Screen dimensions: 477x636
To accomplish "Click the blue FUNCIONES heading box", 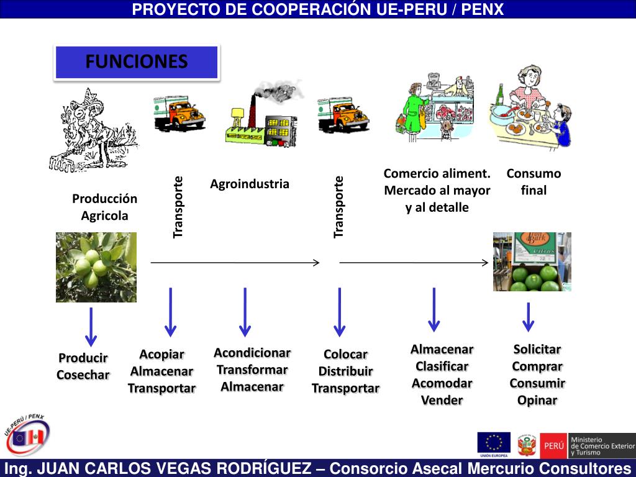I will tap(137, 62).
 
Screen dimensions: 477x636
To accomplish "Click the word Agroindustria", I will tap(250, 184).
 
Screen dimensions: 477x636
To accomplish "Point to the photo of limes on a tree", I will tap(96, 267).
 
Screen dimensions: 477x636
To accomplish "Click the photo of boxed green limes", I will tap(532, 261).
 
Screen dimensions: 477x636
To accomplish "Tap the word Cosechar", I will tap(83, 375).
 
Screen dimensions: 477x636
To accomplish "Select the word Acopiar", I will tap(161, 354).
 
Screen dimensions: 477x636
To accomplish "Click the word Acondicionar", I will tap(252, 353).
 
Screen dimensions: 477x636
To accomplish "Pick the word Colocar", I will tap(345, 354).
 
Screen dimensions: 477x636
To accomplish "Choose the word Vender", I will tap(442, 400).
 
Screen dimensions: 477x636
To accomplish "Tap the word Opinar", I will tap(537, 400).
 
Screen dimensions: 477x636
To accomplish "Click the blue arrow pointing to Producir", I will tap(91, 327).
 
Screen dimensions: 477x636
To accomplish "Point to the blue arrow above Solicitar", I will tap(528, 317).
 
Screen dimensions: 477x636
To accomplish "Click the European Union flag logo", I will tap(494, 443).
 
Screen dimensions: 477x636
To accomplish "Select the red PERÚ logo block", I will tap(553, 445).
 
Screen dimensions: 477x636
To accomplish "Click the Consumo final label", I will tap(534, 182).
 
